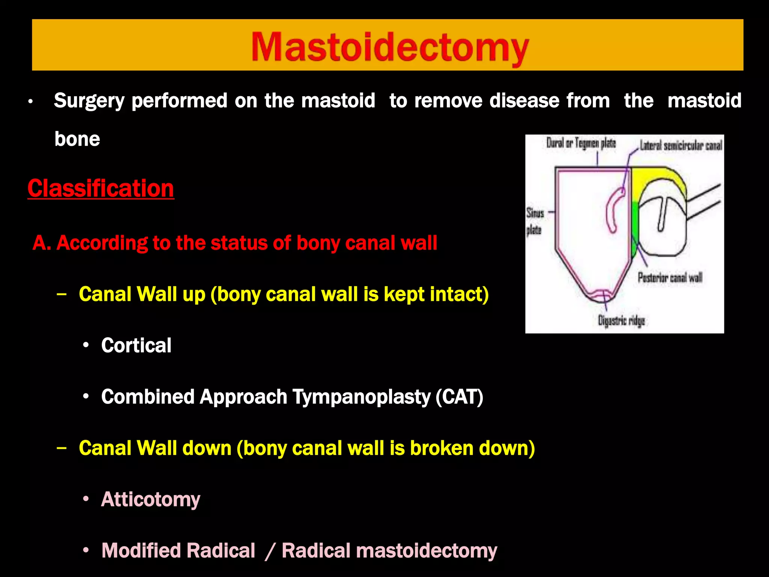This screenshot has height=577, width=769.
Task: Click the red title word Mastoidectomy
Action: pyautogui.click(x=390, y=47)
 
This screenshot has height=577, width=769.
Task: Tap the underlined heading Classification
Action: pyautogui.click(x=101, y=188)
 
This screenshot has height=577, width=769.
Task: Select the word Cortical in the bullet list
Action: pyautogui.click(x=136, y=345)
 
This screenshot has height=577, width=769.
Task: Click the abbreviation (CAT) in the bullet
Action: pyautogui.click(x=459, y=397)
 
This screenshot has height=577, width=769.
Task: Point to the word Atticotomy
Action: pyautogui.click(x=151, y=499)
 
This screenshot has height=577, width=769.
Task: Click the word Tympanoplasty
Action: pyautogui.click(x=362, y=397)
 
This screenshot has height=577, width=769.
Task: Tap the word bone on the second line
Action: pyautogui.click(x=77, y=139)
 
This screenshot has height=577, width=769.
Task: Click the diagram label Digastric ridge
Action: pyautogui.click(x=621, y=321)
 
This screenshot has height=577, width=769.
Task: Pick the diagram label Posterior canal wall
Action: pyautogui.click(x=670, y=278)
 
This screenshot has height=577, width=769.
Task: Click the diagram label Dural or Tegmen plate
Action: pyautogui.click(x=581, y=143)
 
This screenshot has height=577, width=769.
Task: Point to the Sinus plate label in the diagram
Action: pyautogui.click(x=535, y=221)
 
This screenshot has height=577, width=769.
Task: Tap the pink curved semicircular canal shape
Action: pyautogui.click(x=612, y=210)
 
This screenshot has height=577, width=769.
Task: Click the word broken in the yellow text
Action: pyautogui.click(x=437, y=448)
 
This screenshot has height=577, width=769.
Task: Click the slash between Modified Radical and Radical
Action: pyautogui.click(x=270, y=551)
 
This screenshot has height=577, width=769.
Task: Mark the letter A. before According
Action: pyautogui.click(x=42, y=243)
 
